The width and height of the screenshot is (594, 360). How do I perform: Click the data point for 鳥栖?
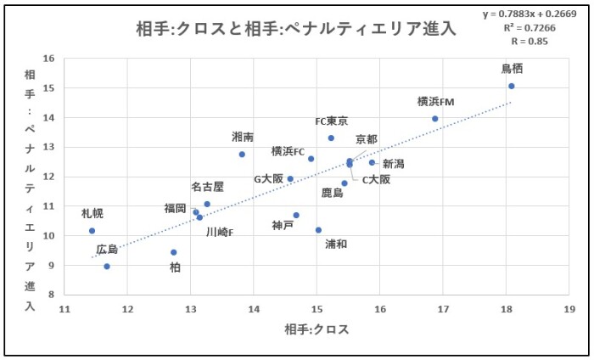point(512,86)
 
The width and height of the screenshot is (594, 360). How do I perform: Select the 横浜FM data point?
point(435,119)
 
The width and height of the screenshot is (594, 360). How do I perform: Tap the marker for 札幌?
point(92,230)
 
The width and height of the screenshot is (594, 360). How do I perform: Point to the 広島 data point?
point(107,266)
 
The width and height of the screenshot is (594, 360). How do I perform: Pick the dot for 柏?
point(174,252)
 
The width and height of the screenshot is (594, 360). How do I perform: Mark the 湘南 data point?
point(242,154)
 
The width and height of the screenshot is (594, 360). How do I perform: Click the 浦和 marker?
point(318,230)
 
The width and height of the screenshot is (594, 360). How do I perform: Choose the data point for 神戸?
point(296,215)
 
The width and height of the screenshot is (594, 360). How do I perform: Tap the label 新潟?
point(393,164)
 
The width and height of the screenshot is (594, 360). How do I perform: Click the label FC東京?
point(331,121)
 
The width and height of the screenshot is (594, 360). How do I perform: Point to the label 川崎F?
point(219,230)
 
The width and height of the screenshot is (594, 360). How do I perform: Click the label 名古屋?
point(207,187)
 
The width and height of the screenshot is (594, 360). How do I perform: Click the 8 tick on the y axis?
point(50,294)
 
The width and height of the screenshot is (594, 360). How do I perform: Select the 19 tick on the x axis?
point(569,308)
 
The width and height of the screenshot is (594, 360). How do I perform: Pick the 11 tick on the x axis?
point(64,308)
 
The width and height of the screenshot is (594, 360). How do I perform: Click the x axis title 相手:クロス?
point(317,329)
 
